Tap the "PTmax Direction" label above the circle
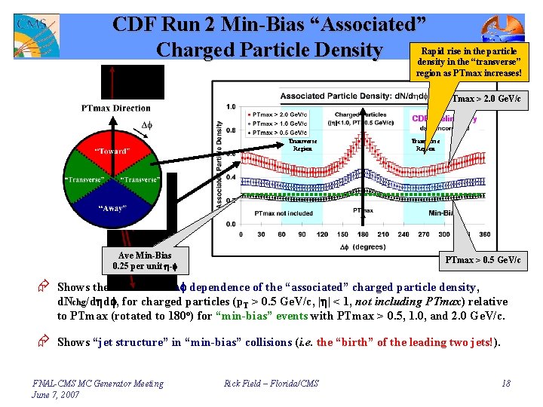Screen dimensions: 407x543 [116, 109]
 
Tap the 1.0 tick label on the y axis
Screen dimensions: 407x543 [231, 106]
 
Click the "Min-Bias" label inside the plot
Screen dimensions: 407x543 [445, 213]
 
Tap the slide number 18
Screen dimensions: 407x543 [505, 384]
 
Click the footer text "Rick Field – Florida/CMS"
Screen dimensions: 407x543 [271, 384]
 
